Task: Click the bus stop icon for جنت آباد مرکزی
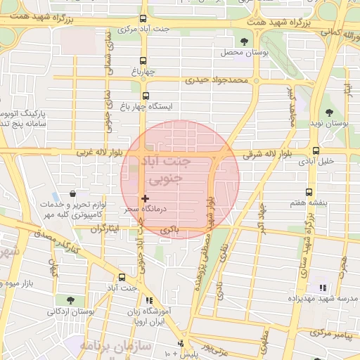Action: [143, 19]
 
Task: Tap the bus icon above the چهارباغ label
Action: [143, 60]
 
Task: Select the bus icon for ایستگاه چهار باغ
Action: [146, 96]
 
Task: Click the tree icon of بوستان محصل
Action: [244, 42]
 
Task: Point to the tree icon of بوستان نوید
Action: [329, 112]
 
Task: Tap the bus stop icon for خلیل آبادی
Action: [315, 150]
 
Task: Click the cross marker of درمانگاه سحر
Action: [146, 200]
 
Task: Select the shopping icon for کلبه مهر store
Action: [73, 194]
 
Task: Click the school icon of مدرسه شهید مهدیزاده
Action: [323, 288]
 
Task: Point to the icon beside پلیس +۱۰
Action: [181, 344]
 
